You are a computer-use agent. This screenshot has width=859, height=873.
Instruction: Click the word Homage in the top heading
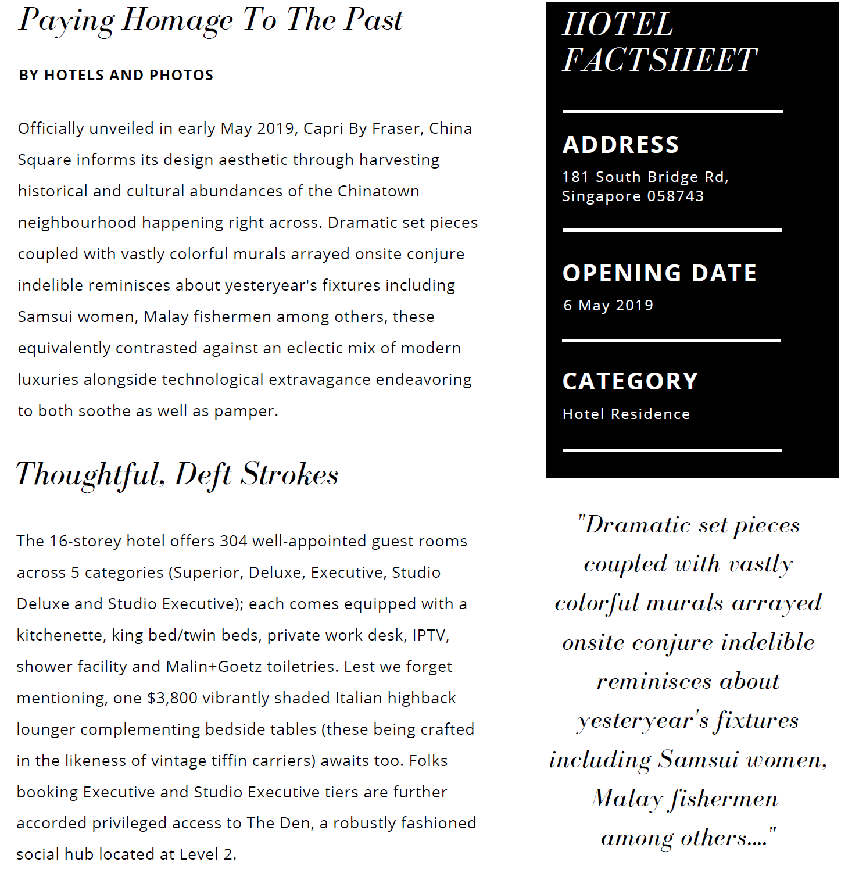(x=178, y=20)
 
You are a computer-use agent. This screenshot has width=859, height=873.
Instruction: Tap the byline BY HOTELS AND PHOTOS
(x=116, y=76)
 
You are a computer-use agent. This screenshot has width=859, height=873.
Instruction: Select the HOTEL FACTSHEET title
(x=659, y=42)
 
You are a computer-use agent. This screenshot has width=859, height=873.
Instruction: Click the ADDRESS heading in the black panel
(x=621, y=145)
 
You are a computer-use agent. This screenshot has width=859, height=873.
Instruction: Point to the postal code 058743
(x=675, y=196)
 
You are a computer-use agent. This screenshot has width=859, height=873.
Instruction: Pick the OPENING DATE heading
(x=660, y=273)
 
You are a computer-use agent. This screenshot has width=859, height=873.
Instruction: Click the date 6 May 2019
(x=608, y=306)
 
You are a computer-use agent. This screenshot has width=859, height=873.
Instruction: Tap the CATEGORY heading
(x=630, y=381)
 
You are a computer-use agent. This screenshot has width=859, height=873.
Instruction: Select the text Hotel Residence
(x=626, y=414)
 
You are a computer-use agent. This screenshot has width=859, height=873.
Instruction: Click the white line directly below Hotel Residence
(x=672, y=450)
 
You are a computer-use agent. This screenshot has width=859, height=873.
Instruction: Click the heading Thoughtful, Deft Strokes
(x=177, y=474)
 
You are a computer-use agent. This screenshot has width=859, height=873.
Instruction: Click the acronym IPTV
(x=430, y=635)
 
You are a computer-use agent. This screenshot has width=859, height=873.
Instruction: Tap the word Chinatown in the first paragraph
(x=378, y=191)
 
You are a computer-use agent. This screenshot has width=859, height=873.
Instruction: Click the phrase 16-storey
(x=85, y=541)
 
